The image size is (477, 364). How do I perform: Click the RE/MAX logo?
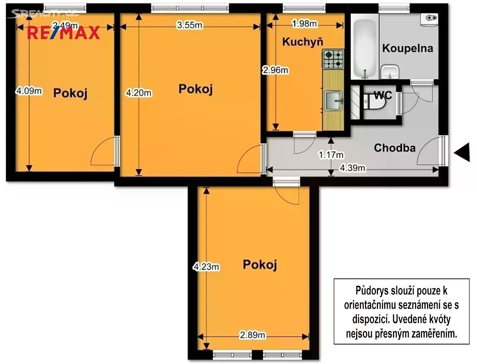pos(64,33)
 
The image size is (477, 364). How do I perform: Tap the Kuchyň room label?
pos(303,42)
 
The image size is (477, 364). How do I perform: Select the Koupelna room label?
pos(407,48)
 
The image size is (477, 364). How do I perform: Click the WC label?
pos(383,95)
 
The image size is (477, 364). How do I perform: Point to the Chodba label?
pos(395,148)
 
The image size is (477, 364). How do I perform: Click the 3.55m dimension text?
pos(190,25)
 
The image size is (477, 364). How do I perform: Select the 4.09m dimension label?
pos(29,91)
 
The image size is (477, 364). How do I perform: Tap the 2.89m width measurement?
pos(253,335)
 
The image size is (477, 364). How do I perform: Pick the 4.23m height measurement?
pos(206,267)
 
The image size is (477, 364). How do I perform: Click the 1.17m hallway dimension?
pos(331,155)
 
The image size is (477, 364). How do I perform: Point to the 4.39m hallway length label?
pos(353,168)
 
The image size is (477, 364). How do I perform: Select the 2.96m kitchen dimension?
pos(275,71)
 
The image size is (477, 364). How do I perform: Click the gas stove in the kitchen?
pos(334,59)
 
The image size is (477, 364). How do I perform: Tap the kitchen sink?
pos(334,100)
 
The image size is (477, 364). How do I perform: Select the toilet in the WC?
pos(374,102)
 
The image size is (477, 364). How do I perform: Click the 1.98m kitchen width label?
pos(305,24)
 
